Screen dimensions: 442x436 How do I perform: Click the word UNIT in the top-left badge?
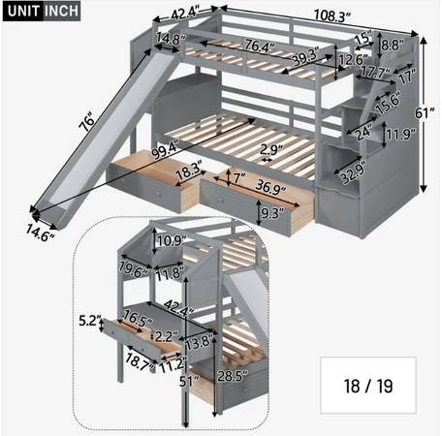[23, 11]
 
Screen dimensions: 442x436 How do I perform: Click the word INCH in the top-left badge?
[61, 11]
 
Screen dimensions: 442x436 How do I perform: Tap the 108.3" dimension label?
[332, 16]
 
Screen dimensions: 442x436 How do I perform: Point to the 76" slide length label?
[87, 122]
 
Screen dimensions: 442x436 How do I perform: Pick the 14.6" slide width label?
[40, 233]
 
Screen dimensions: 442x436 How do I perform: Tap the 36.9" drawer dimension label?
[270, 187]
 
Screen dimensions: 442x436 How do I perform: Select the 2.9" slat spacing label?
[271, 150]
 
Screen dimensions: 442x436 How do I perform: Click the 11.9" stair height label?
[401, 134]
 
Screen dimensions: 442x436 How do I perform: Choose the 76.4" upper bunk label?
[259, 46]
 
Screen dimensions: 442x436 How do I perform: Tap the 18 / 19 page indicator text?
[368, 386]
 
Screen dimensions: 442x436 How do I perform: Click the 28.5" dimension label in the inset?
[233, 376]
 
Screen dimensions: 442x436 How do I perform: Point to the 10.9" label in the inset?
[172, 240]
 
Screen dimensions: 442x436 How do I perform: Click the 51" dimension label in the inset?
[188, 381]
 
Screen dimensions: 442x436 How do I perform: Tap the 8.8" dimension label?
[393, 45]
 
